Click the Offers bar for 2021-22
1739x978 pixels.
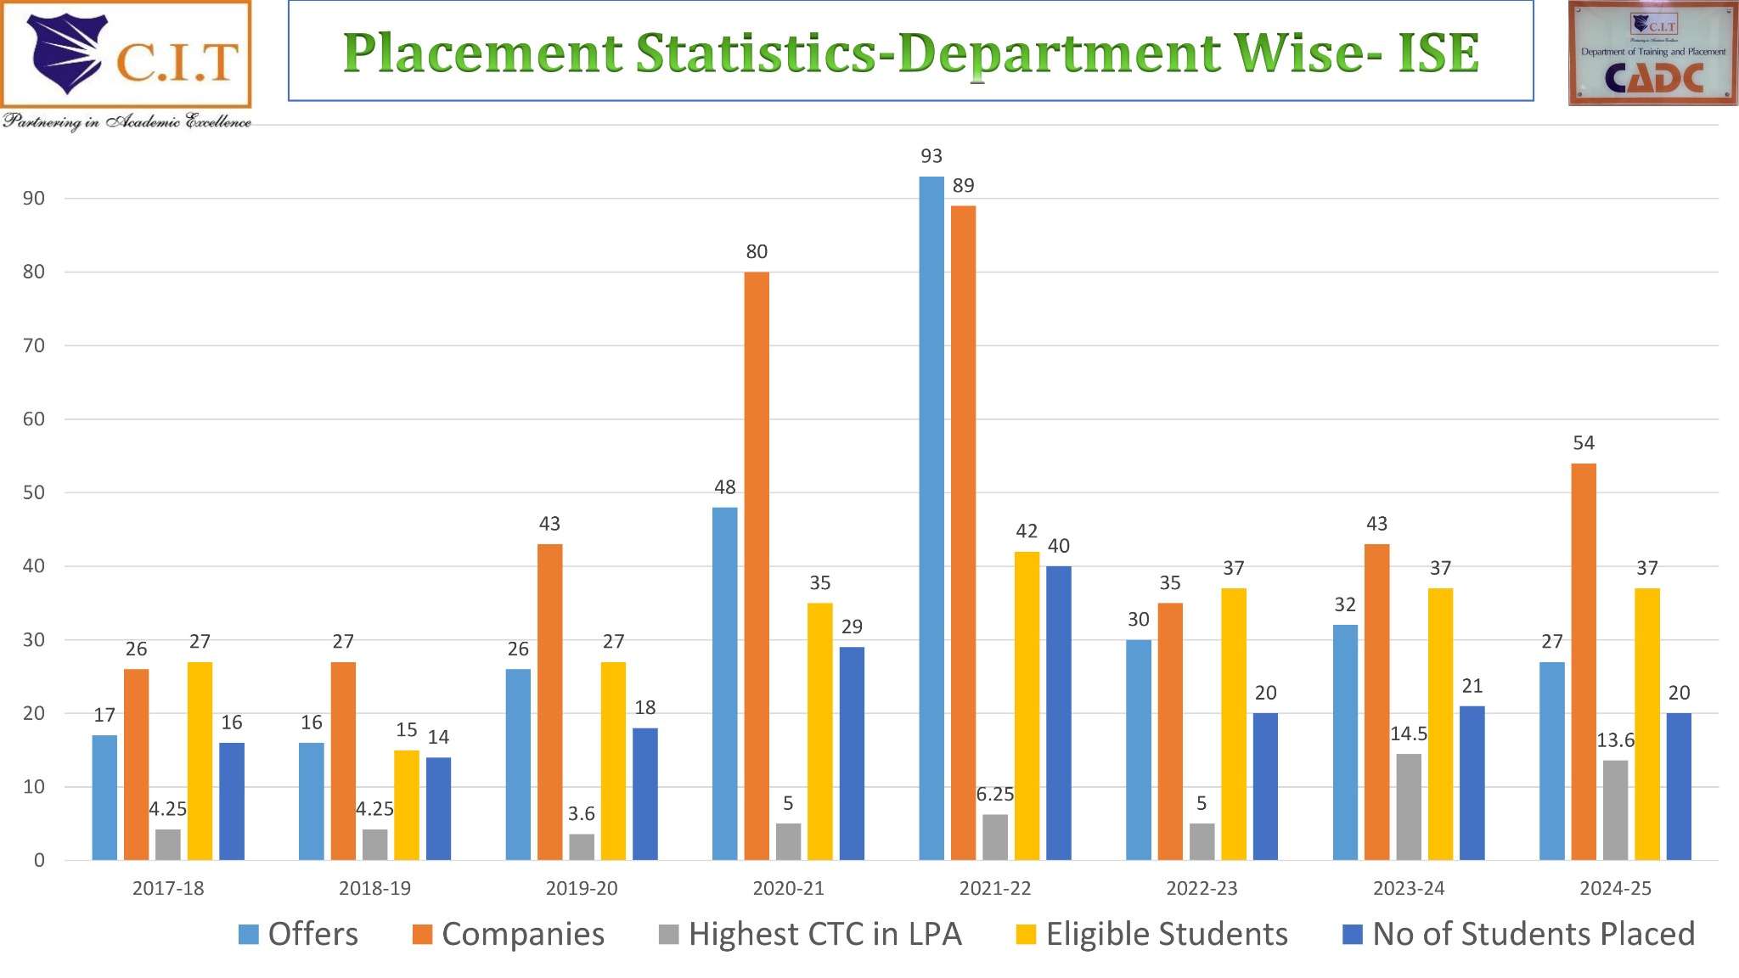931,518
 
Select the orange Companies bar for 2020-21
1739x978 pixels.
757,565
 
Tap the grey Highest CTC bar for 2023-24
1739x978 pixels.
1409,807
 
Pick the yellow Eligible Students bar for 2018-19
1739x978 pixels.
407,805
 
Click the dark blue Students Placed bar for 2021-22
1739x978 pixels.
1059,713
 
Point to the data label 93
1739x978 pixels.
931,156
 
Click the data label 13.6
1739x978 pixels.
1615,740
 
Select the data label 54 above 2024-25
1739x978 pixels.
1584,443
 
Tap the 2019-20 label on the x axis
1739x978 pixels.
582,889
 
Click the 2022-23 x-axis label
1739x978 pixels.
1202,889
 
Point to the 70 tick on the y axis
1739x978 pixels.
34,346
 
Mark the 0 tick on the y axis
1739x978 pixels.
39,861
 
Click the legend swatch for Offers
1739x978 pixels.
249,935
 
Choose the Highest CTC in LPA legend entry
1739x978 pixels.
824,935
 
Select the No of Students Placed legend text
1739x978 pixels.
1533,935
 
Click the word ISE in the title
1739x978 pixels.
1438,53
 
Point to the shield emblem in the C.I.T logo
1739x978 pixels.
66,53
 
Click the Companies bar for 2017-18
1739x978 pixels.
136,764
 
